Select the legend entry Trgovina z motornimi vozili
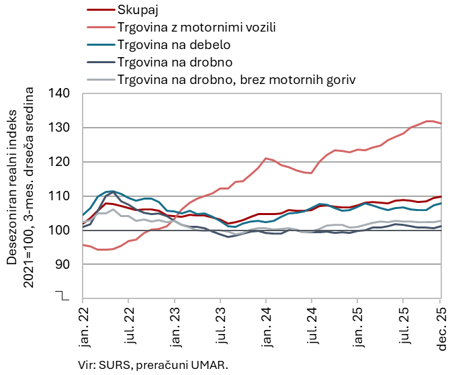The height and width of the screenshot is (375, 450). (196, 28)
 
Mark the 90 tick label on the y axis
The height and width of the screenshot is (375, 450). (65, 265)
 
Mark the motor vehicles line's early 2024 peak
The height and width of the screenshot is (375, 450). (267, 159)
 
